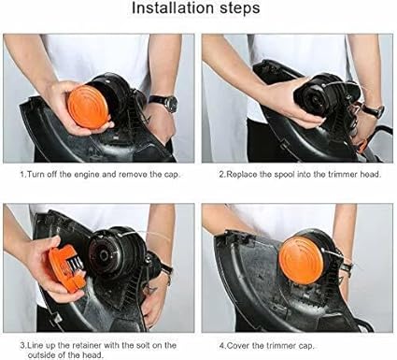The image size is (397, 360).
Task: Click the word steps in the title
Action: pyautogui.click(x=240, y=8)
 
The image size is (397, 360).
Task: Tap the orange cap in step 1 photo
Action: pyautogui.click(x=88, y=107)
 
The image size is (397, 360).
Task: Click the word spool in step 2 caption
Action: pyautogui.click(x=284, y=175)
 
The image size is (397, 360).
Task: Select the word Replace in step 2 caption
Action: pyautogui.click(x=242, y=174)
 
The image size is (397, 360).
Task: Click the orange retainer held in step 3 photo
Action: pyautogui.click(x=67, y=266)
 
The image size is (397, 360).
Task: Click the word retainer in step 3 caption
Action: pyautogui.click(x=87, y=346)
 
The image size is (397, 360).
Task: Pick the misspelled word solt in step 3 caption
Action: pyautogui.click(x=143, y=346)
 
